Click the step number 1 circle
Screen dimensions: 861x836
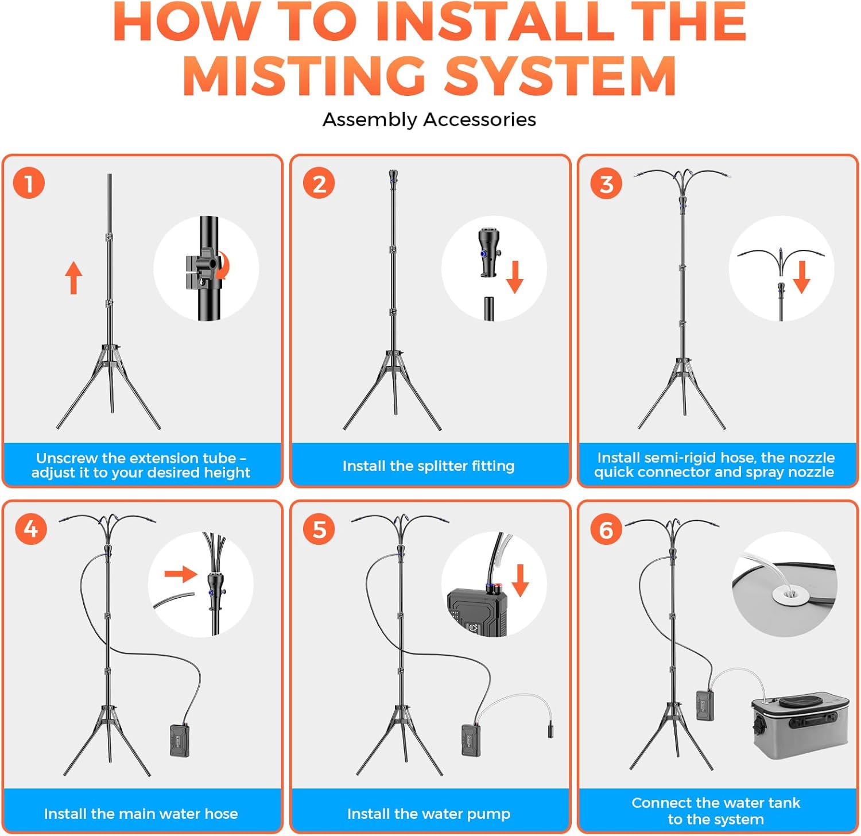point(29,184)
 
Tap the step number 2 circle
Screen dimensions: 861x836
point(319,184)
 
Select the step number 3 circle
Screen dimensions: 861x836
point(606,184)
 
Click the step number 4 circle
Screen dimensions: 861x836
point(31,529)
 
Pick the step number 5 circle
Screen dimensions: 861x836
point(319,529)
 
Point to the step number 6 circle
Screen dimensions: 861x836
point(606,529)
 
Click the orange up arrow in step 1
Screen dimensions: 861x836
point(73,278)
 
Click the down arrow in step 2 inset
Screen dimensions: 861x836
point(515,277)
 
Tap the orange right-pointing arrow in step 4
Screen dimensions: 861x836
point(181,574)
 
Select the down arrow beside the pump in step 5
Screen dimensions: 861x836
point(520,580)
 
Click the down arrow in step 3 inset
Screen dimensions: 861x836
point(802,277)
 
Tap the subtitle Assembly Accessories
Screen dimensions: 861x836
point(429,119)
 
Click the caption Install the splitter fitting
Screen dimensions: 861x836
point(429,466)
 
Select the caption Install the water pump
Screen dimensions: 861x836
point(429,814)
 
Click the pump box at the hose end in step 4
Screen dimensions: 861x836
point(180,740)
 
